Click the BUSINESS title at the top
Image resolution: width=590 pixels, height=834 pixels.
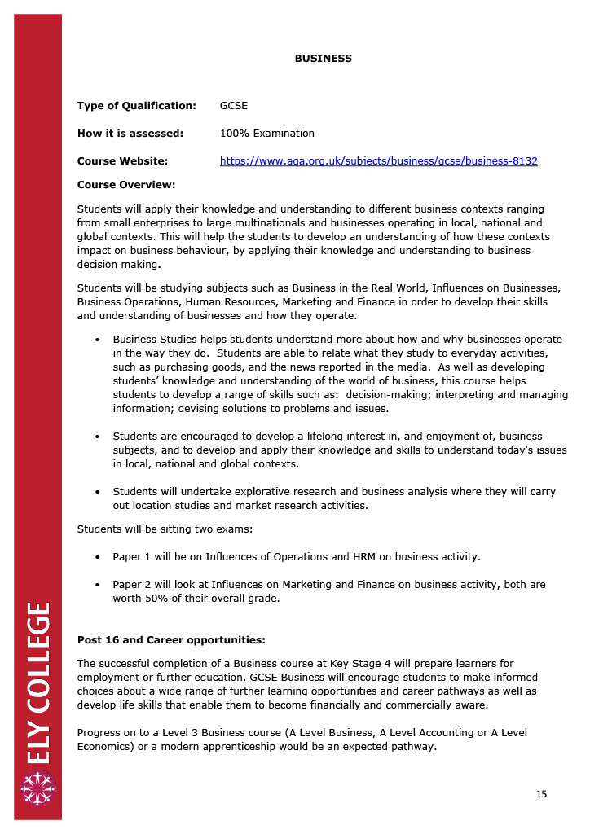[x=323, y=59]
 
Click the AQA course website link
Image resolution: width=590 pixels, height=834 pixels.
[x=378, y=161]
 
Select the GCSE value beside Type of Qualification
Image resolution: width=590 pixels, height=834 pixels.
[x=234, y=106]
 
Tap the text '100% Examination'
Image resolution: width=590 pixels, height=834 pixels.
[x=266, y=134]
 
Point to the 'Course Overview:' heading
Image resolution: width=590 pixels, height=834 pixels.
[x=126, y=185]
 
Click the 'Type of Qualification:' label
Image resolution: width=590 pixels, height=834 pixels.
[x=137, y=106]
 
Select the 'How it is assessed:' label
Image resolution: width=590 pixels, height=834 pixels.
[x=130, y=134]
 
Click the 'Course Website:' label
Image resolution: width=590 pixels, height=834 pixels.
[x=122, y=161]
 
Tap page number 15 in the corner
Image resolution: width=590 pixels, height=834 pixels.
[x=541, y=794]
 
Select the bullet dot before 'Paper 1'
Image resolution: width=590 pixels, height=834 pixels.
[x=98, y=557]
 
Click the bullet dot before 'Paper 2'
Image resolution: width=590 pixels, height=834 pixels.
[x=98, y=585]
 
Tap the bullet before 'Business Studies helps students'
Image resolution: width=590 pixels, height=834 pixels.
[x=98, y=340]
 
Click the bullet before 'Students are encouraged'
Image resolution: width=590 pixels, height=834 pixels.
[x=98, y=437]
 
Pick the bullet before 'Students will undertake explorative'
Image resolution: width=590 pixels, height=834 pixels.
[x=98, y=492]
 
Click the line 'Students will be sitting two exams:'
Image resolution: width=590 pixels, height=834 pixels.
[x=165, y=529]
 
